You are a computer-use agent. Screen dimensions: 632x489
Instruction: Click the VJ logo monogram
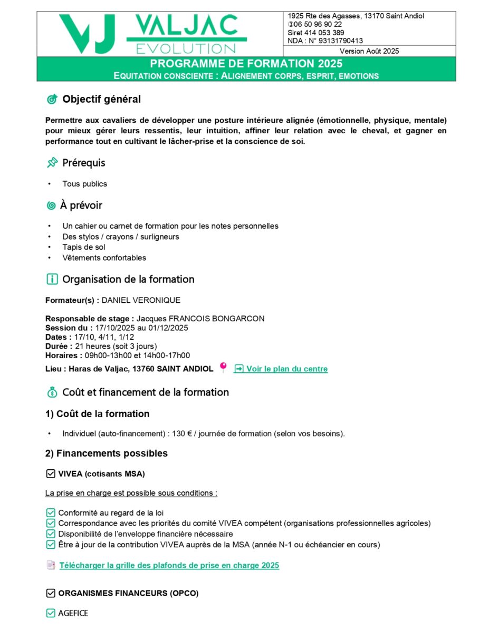coord(87,34)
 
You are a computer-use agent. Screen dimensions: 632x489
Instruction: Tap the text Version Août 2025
coord(369,51)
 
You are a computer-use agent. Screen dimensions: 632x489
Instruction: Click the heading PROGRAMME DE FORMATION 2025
coord(246,64)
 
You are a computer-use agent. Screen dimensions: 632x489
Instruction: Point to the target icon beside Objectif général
coord(52,99)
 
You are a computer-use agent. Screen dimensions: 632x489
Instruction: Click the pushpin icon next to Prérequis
coord(52,163)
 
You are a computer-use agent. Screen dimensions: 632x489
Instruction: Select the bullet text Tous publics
coord(84,184)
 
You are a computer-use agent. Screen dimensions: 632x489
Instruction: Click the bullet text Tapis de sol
coord(84,247)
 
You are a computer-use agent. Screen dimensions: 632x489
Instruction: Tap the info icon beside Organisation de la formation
coord(52,279)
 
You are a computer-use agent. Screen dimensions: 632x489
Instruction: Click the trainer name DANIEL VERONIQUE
coord(141,300)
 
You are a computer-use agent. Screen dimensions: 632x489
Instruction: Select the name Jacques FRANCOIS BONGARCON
coord(200,318)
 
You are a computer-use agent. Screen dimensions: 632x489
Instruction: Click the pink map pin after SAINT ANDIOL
coord(223,368)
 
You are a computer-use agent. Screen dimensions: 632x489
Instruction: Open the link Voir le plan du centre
coord(286,369)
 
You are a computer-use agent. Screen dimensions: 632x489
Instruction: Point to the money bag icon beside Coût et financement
coord(52,392)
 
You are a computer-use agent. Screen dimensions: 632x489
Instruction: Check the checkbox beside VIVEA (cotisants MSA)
coord(51,473)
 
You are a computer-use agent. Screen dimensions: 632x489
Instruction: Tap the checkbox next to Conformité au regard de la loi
coord(51,512)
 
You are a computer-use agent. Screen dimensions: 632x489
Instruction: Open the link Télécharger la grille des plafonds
coord(169,565)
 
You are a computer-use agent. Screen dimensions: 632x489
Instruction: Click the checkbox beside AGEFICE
coord(51,613)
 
